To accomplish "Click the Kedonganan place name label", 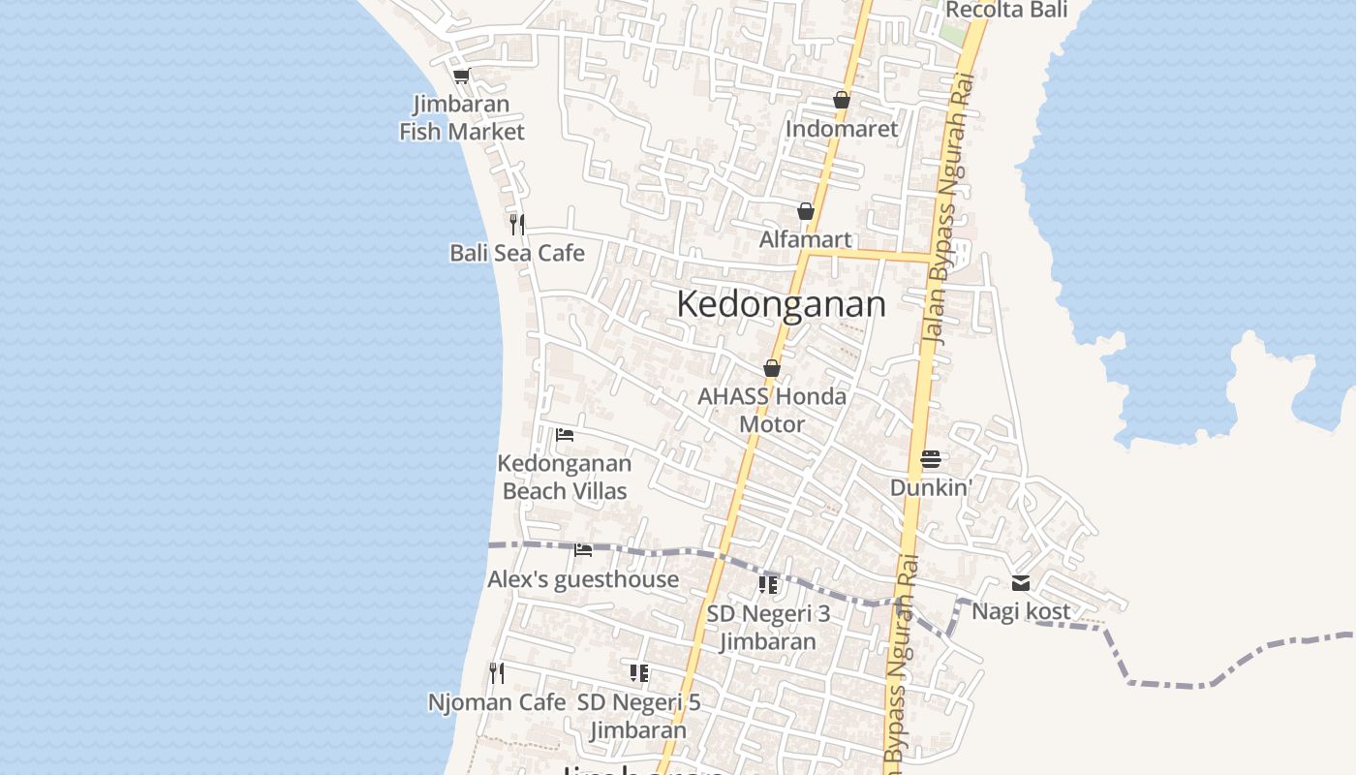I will click(x=781, y=304).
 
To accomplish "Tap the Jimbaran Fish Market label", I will click(x=462, y=117).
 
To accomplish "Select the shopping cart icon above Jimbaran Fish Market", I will click(x=461, y=76).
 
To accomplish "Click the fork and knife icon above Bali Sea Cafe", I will click(x=517, y=225).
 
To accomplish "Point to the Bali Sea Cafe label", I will click(x=517, y=253).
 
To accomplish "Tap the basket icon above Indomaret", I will click(x=842, y=100).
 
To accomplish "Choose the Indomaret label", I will click(x=842, y=129).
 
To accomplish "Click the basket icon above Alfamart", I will click(x=806, y=211).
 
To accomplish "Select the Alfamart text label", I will click(x=806, y=239).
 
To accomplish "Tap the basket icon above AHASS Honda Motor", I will click(x=772, y=368).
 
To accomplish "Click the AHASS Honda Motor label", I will click(x=772, y=410).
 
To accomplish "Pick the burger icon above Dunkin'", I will click(x=931, y=458).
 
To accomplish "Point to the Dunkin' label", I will click(x=931, y=487).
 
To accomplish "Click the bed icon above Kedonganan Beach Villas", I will click(x=565, y=434).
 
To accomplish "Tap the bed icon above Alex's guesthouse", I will click(x=583, y=550).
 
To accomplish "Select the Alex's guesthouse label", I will click(x=583, y=579).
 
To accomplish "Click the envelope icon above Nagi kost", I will click(x=1021, y=583).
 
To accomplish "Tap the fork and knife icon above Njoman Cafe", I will click(x=497, y=672).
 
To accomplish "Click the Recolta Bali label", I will click(x=1006, y=10).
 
